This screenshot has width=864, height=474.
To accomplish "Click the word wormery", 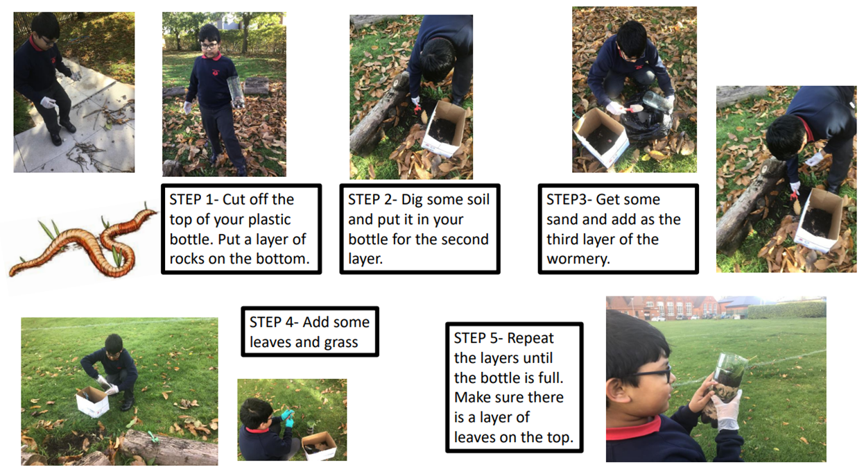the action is click(578, 260).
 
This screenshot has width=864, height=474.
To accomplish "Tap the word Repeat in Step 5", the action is click(530, 338).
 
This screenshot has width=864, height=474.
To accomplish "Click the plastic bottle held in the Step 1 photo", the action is click(236, 92).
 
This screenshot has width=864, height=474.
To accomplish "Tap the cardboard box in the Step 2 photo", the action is click(444, 128).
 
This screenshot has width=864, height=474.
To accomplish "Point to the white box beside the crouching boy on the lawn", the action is click(93, 401).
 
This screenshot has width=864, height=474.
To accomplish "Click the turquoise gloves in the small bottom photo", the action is click(287, 418).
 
